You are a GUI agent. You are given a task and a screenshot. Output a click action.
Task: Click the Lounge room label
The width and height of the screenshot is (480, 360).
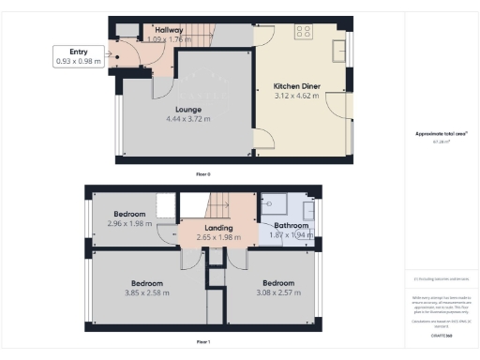click(x=188, y=110)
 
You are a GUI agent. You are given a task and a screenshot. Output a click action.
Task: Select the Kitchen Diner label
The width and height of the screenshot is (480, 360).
click(x=297, y=86)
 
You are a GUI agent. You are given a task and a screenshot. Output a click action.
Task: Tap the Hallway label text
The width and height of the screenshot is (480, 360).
click(x=169, y=31)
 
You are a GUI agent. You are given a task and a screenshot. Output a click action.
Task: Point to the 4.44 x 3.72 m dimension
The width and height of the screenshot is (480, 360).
click(x=188, y=119)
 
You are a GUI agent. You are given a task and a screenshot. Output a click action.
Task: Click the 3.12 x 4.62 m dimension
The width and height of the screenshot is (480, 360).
click(x=297, y=96)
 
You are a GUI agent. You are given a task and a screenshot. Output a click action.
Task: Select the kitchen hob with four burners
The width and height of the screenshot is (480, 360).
click(x=305, y=31)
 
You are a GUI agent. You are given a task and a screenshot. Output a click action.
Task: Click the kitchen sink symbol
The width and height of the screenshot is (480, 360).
click(x=338, y=46)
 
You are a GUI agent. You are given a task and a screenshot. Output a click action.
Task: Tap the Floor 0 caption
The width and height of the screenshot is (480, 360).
click(x=203, y=174)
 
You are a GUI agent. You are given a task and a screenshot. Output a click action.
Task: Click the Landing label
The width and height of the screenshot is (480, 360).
click(x=218, y=228)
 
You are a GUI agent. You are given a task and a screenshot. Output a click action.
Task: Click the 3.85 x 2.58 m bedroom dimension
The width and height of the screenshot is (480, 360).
click(x=146, y=292)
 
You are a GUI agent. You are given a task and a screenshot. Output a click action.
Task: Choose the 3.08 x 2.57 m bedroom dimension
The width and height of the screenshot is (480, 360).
click(x=279, y=292)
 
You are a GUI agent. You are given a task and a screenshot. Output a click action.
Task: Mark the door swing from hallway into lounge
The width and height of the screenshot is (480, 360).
click(x=161, y=87)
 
